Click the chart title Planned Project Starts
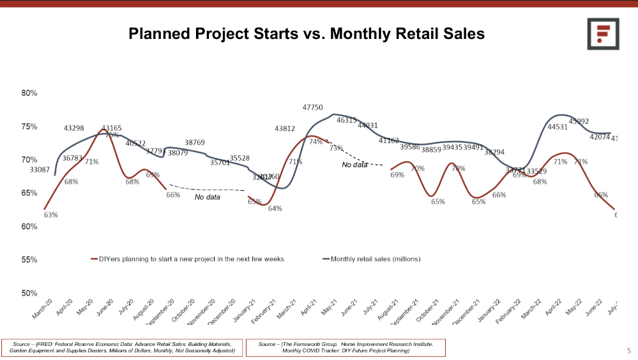(307, 33)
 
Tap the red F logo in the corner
(604, 34)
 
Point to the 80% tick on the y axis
(29, 93)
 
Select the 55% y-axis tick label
(29, 260)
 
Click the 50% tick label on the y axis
(29, 294)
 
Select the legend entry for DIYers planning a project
(188, 259)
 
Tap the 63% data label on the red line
(50, 215)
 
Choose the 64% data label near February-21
(275, 209)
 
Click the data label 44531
(558, 127)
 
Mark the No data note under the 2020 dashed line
(208, 197)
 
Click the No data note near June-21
(355, 165)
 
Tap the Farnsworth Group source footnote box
(346, 347)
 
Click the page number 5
(628, 350)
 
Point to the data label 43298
(74, 128)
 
